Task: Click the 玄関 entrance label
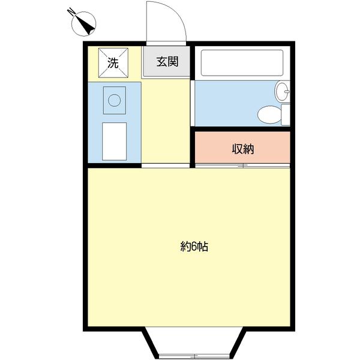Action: click(167, 62)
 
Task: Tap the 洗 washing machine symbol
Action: click(113, 62)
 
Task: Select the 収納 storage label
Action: click(243, 149)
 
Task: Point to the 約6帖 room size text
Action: click(194, 247)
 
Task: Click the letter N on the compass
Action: click(71, 12)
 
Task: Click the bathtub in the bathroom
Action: click(242, 62)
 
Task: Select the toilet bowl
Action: click(269, 115)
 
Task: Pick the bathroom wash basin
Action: click(282, 91)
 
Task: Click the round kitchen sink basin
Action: click(115, 100)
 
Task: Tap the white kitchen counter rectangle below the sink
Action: click(115, 142)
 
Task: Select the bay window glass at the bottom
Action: click(194, 356)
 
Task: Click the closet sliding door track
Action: click(242, 166)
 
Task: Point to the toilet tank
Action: click(286, 115)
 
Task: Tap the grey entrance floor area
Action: click(167, 61)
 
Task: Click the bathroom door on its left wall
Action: click(193, 103)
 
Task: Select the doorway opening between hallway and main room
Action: click(166, 166)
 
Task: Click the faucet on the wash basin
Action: click(287, 91)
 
